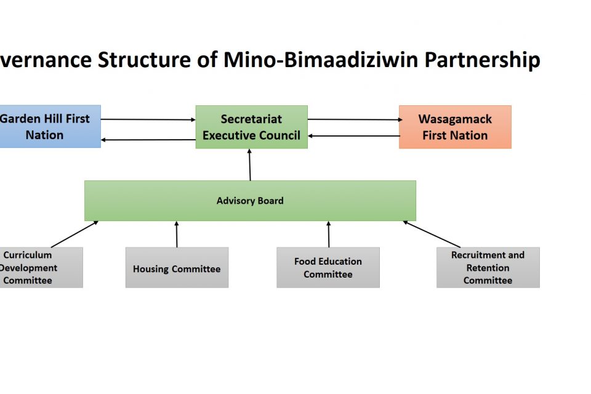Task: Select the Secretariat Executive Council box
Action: point(251,127)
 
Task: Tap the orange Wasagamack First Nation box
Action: point(455,127)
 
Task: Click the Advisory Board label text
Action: point(250,201)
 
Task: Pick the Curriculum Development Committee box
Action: point(37,267)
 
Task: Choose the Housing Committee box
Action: point(177,268)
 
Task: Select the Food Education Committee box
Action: point(328,268)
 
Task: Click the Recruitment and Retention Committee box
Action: point(488,268)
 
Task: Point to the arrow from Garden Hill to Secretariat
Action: point(148,119)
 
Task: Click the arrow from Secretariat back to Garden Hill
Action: point(148,140)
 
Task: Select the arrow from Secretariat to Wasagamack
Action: point(353,119)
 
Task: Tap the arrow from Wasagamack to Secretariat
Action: point(353,136)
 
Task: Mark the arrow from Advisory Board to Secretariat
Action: point(250,164)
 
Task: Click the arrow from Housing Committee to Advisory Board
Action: point(177,234)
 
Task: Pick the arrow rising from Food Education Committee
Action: point(328,234)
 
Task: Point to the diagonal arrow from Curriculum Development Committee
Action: point(74,234)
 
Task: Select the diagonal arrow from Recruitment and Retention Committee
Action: point(432,234)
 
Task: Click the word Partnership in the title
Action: point(482,60)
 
